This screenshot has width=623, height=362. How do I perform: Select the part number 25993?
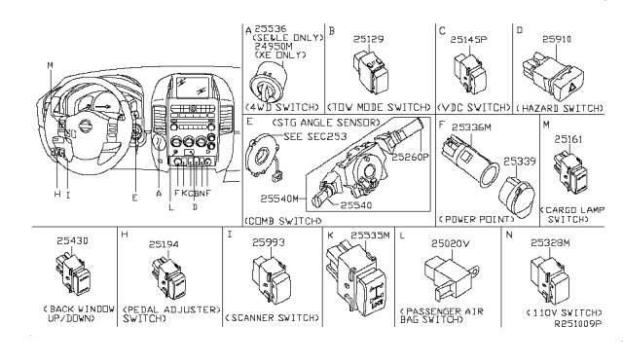click(x=270, y=242)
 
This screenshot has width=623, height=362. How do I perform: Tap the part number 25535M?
click(x=361, y=235)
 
